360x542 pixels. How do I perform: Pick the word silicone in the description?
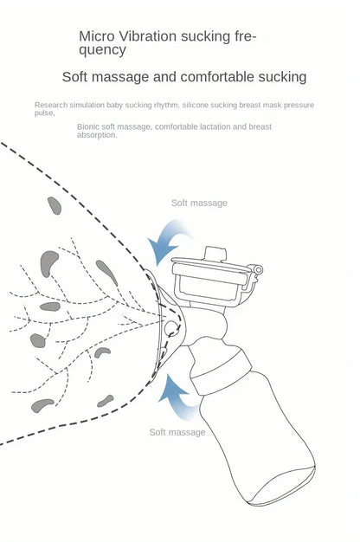[x=195, y=105]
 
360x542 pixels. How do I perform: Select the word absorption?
[x=97, y=135]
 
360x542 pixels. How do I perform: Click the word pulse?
[x=44, y=113]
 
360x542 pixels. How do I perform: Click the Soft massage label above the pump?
[x=199, y=203]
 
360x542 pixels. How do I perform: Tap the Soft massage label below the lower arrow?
[x=177, y=432]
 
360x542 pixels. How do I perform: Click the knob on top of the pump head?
[x=215, y=255]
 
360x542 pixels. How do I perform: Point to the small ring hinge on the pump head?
[x=258, y=269]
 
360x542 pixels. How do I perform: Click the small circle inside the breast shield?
[x=171, y=328]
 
